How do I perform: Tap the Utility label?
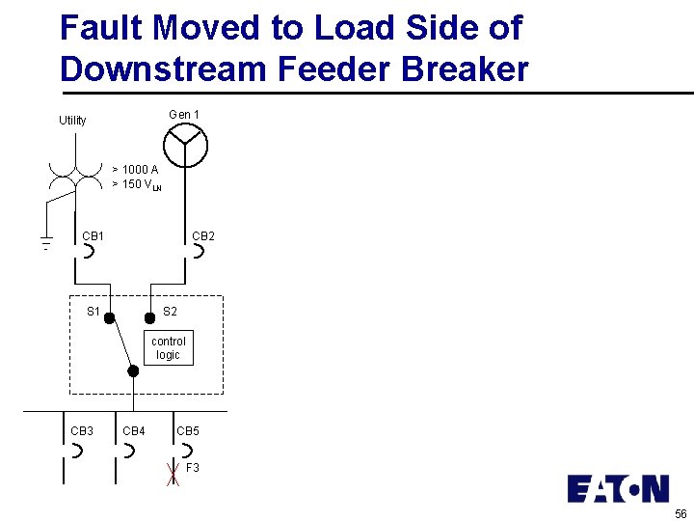(x=72, y=121)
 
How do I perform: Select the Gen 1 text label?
(x=184, y=115)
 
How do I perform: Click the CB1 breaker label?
(x=93, y=235)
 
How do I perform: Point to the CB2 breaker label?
(x=203, y=235)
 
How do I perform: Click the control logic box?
(x=168, y=348)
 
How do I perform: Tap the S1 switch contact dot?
(x=110, y=317)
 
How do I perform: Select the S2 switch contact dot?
(x=149, y=317)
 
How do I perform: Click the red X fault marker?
(x=173, y=474)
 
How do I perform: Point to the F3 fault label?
(x=193, y=468)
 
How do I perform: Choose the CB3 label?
(x=82, y=430)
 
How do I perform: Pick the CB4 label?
(x=134, y=430)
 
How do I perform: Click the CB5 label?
(x=188, y=430)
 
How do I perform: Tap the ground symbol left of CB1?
(x=44, y=243)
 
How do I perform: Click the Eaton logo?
(x=618, y=489)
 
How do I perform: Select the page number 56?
(x=681, y=513)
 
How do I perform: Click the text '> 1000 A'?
(x=135, y=170)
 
